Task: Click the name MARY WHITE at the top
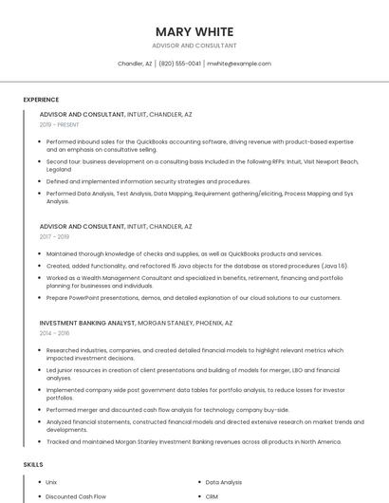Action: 194,30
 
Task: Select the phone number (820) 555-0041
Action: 180,64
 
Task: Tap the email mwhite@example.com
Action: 239,64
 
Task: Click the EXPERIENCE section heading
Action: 41,100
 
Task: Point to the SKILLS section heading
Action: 33,465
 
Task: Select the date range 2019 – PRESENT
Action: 60,124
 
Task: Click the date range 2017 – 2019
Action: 54,237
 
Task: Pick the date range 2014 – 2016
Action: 54,333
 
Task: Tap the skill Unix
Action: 51,482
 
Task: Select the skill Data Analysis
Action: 224,482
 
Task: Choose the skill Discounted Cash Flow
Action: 76,496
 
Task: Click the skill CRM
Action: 212,496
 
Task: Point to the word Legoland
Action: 59,169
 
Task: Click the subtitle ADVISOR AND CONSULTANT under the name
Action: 194,46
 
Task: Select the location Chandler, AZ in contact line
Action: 135,64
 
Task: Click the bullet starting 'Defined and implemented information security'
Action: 148,181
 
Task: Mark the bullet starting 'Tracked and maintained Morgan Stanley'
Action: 194,441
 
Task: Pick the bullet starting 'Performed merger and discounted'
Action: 168,410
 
